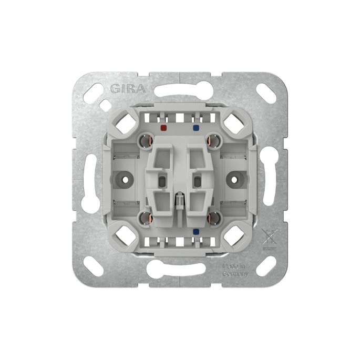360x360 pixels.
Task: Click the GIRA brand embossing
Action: click(x=128, y=89)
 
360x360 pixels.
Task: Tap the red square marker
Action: click(x=163, y=127)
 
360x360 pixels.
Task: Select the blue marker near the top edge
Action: click(x=196, y=127)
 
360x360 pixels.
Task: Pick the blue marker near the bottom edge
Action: click(x=196, y=231)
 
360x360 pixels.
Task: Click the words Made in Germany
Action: click(x=235, y=270)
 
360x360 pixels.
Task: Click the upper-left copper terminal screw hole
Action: click(x=146, y=140)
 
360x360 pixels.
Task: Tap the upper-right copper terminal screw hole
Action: click(x=213, y=140)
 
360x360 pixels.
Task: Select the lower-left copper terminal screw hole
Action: click(x=146, y=218)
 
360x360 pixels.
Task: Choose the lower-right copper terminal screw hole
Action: click(x=213, y=218)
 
